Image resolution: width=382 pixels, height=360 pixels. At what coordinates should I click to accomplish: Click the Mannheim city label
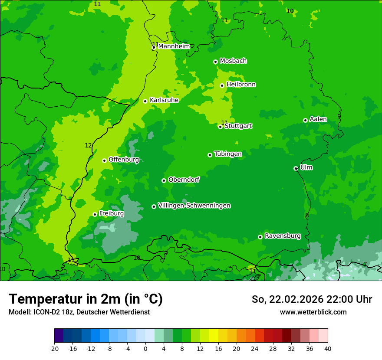tap(175, 46)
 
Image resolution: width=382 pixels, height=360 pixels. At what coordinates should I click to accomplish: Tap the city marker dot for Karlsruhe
tap(145, 101)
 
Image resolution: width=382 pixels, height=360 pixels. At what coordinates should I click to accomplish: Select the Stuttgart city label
tap(238, 126)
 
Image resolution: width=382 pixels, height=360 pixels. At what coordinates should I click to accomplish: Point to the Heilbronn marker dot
tap(222, 85)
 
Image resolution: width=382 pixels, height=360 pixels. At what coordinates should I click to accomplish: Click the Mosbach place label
tap(233, 61)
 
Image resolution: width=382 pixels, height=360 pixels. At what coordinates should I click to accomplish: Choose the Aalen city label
tap(318, 119)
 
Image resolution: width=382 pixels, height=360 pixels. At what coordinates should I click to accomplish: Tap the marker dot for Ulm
tap(296, 168)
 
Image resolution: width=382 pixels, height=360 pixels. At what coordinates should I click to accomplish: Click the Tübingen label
tap(228, 154)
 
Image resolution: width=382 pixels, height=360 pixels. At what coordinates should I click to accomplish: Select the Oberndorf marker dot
tap(164, 180)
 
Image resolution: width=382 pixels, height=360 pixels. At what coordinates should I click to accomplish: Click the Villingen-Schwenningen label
tap(194, 206)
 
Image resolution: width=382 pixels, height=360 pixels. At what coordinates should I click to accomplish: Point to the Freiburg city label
tap(111, 213)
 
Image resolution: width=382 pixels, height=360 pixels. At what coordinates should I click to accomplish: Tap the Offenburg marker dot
tap(104, 160)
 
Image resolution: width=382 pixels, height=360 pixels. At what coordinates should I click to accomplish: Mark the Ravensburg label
tap(283, 236)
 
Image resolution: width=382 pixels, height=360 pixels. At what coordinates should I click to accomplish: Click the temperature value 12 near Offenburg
tap(88, 146)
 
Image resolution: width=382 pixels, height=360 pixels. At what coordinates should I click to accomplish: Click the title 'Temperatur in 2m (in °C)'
tap(86, 299)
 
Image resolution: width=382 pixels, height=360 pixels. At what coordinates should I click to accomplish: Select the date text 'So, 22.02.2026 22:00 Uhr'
tap(312, 299)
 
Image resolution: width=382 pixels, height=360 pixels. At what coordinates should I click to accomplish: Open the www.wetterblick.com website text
tap(313, 312)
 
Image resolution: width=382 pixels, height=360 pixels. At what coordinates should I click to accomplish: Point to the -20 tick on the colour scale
tap(54, 349)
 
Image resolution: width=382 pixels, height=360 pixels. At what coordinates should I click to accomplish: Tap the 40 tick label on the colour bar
tap(328, 349)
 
